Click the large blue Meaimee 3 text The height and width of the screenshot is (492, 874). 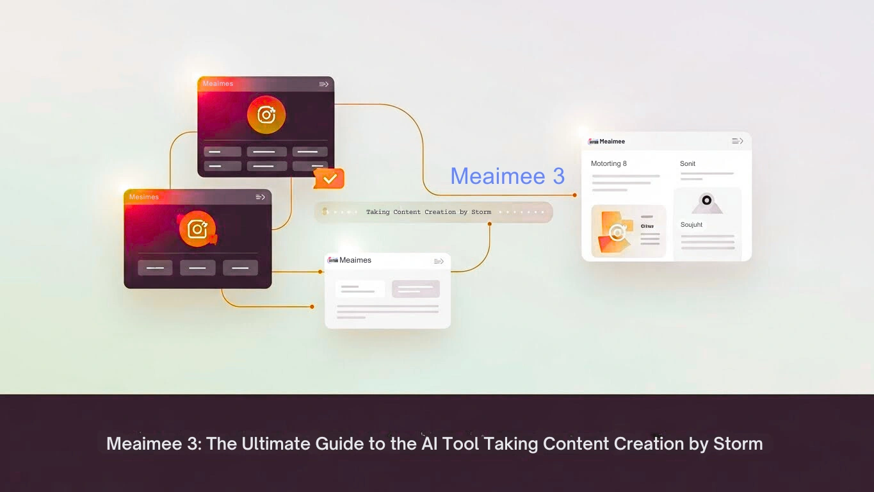[507, 176]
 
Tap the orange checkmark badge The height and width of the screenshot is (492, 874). [329, 179]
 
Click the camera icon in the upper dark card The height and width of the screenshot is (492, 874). [266, 115]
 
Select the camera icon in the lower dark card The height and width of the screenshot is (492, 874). [197, 229]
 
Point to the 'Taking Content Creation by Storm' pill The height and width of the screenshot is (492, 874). [433, 212]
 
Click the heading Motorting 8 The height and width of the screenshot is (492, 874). [608, 164]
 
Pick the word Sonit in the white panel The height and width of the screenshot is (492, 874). [688, 164]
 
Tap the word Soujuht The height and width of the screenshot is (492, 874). [692, 225]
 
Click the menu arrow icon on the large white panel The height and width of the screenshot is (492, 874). [738, 141]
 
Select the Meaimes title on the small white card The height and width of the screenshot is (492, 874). [355, 260]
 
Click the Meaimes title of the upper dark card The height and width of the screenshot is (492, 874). [218, 84]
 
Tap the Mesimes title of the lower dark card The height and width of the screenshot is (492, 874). [143, 197]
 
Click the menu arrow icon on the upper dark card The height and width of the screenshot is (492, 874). [324, 84]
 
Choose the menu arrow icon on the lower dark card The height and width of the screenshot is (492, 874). [261, 197]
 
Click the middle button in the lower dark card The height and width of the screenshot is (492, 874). [197, 268]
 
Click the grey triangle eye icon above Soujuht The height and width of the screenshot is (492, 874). [707, 202]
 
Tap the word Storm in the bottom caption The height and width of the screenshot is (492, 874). [738, 443]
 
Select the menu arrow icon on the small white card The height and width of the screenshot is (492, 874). [439, 261]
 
